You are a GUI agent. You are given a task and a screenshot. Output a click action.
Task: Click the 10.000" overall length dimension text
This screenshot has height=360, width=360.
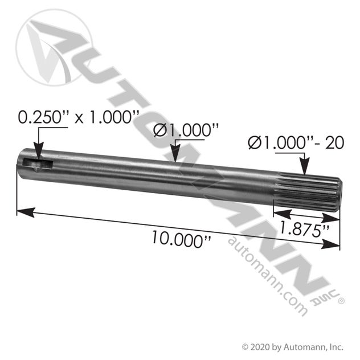(x=181, y=239)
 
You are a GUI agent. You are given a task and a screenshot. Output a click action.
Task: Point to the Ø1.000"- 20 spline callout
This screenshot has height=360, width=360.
(x=296, y=142)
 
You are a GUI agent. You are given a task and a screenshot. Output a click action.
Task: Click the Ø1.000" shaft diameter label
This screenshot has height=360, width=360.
(x=186, y=130)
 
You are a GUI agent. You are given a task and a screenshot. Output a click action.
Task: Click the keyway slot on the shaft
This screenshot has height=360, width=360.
(x=38, y=165)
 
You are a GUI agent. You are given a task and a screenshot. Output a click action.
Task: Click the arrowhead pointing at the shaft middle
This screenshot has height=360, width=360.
(x=175, y=155)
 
